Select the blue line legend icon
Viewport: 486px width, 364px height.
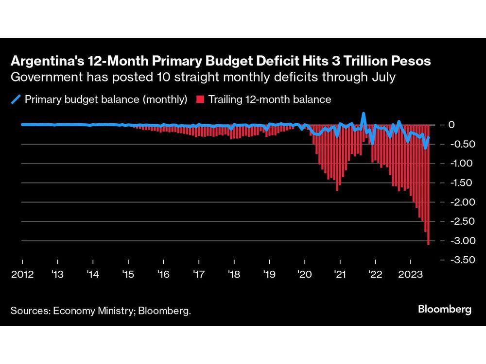click(16, 100)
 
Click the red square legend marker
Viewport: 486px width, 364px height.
click(199, 100)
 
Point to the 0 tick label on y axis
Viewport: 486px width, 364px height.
click(451, 125)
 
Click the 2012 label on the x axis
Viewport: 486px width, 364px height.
click(22, 275)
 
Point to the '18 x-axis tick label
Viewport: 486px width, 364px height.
click(234, 275)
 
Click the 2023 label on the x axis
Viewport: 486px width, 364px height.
click(410, 275)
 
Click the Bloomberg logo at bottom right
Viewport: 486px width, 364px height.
click(444, 310)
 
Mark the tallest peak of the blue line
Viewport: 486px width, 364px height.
click(363, 114)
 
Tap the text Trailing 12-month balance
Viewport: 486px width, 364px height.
click(270, 100)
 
